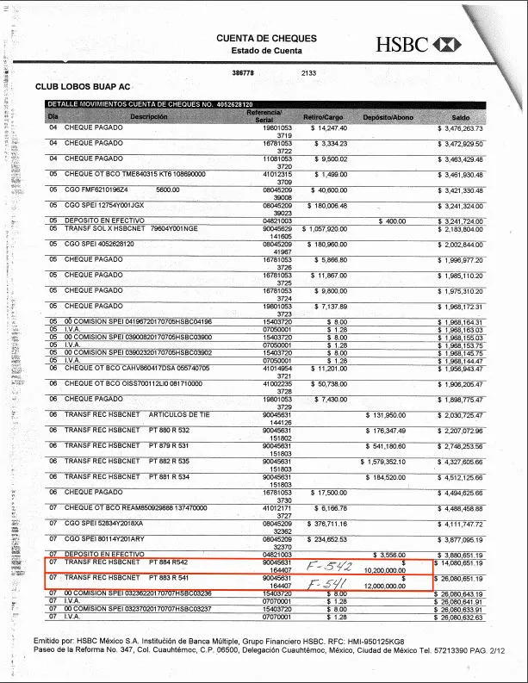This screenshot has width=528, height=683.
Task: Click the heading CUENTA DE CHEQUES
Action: [x=266, y=39]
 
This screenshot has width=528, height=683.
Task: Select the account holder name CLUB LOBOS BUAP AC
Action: [x=83, y=87]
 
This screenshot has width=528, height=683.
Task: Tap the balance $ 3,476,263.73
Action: [x=461, y=127]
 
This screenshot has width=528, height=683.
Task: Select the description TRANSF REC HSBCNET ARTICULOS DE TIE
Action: [x=137, y=413]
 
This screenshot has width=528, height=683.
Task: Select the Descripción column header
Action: [x=149, y=116]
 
